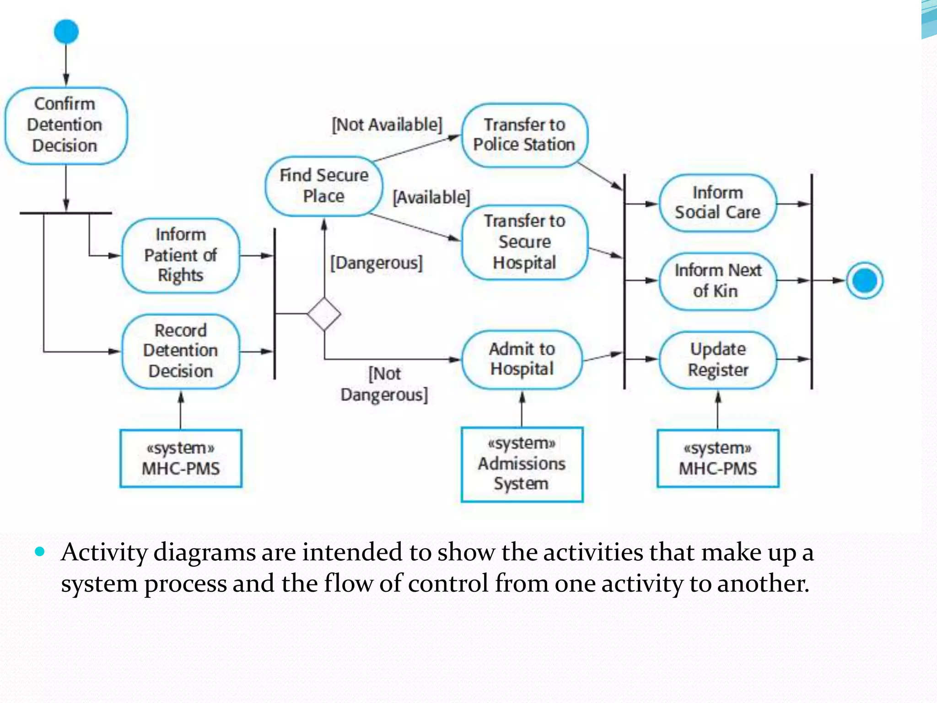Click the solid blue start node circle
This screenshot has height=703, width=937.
tap(66, 32)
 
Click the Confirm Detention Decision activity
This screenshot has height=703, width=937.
tap(65, 125)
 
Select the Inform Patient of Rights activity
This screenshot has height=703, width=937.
tap(180, 255)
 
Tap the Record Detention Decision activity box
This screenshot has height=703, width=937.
tap(180, 351)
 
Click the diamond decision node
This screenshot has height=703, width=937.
tap(324, 314)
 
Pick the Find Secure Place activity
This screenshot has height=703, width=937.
tap(324, 186)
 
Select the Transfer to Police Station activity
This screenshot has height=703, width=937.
tap(524, 135)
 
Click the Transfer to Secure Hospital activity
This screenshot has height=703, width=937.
tap(524, 242)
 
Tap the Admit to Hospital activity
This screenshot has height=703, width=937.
tap(522, 359)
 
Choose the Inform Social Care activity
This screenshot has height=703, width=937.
tap(717, 203)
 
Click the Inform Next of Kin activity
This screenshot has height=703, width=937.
tap(717, 281)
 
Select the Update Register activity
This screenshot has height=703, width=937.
tap(717, 360)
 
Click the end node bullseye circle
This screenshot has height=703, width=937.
tap(864, 281)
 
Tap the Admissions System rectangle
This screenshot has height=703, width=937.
tap(522, 464)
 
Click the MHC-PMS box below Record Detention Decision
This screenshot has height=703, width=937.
tap(181, 458)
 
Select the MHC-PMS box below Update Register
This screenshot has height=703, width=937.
tap(717, 458)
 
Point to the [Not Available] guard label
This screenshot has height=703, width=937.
tap(387, 124)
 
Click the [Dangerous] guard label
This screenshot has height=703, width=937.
tap(376, 263)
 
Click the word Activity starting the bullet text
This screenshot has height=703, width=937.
tap(104, 552)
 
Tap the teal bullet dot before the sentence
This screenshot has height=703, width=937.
tap(40, 552)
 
